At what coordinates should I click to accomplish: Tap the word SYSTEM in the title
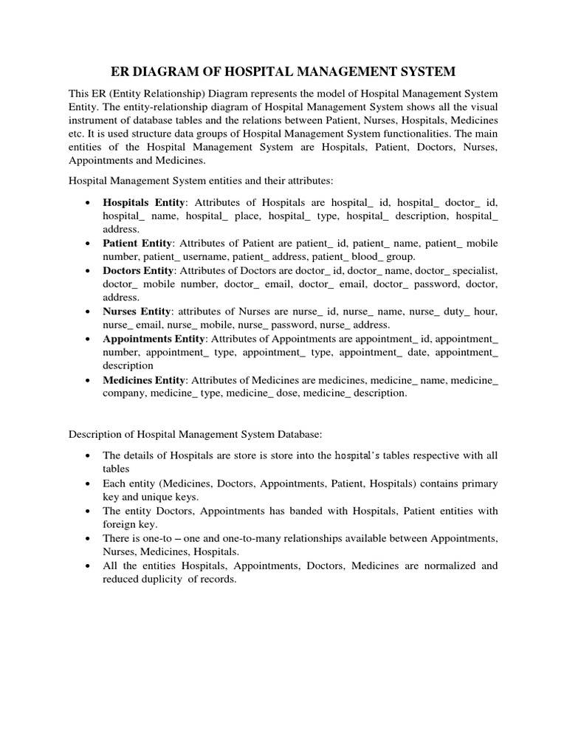[423, 72]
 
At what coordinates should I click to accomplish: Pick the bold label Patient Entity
[138, 243]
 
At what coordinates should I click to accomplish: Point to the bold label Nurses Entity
[137, 312]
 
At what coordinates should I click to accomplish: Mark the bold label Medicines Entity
[143, 379]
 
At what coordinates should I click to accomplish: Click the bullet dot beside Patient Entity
[88, 243]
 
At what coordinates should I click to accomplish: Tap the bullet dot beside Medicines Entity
[88, 379]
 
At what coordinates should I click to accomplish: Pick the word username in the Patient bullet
[209, 256]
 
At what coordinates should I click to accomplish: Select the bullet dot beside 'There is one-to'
[88, 538]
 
